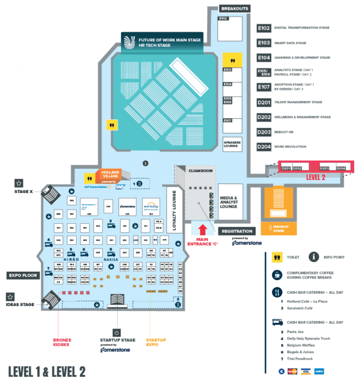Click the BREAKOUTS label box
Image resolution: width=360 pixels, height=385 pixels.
point(234,9)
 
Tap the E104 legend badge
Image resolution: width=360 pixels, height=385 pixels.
point(264,57)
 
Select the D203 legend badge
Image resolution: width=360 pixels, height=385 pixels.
point(264,132)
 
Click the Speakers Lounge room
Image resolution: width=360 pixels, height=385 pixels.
point(232,144)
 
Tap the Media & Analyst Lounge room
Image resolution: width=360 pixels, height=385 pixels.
point(231,198)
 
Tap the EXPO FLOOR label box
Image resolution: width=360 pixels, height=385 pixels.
point(23,275)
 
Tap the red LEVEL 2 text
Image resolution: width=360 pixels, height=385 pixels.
point(316,178)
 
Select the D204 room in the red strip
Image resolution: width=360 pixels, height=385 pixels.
point(341,168)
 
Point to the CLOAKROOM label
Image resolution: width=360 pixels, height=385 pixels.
point(200,171)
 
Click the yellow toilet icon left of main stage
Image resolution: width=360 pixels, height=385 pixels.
point(111,125)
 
